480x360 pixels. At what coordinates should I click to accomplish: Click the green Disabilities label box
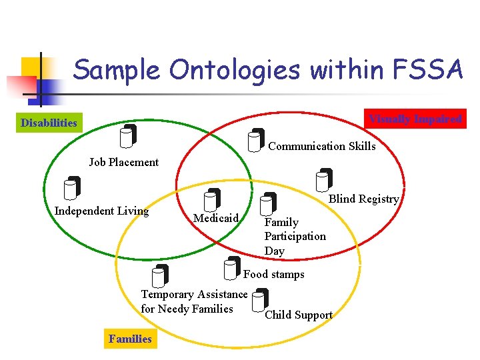[x=49, y=123]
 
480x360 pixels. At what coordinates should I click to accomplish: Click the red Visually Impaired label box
[x=415, y=119]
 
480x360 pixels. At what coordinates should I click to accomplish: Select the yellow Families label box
[x=130, y=339]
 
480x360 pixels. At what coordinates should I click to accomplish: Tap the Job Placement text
[x=124, y=162]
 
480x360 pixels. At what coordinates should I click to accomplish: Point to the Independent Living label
[x=101, y=211]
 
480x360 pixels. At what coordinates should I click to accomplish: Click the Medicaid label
[x=215, y=218]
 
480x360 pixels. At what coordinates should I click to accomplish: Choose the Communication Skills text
[x=321, y=146]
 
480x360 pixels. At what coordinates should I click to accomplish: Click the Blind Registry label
[x=364, y=199]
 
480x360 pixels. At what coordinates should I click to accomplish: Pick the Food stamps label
[x=273, y=274]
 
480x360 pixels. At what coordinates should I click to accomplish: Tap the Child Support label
[x=299, y=315]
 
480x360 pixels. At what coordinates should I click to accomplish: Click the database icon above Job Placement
[x=128, y=136]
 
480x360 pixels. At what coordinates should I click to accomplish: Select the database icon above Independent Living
[x=71, y=188]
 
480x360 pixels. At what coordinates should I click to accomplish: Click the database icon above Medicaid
[x=212, y=200]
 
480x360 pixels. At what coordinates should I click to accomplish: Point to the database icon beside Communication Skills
[x=256, y=140]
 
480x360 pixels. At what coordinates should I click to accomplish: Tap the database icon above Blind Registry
[x=324, y=179]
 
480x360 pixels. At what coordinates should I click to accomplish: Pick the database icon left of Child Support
[x=261, y=301]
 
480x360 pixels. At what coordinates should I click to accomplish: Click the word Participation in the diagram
[x=295, y=237]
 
